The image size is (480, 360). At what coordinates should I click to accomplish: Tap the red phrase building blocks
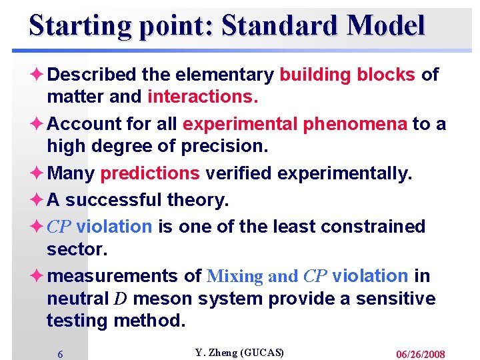pos(347,75)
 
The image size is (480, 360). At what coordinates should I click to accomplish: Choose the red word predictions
pos(149,174)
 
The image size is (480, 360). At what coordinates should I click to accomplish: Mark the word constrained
pos(373,227)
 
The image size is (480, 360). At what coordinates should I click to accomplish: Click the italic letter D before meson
pos(121,299)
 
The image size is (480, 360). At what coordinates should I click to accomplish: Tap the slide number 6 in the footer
pos(60,355)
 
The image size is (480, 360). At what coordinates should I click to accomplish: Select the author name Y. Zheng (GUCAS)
pos(239,353)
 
